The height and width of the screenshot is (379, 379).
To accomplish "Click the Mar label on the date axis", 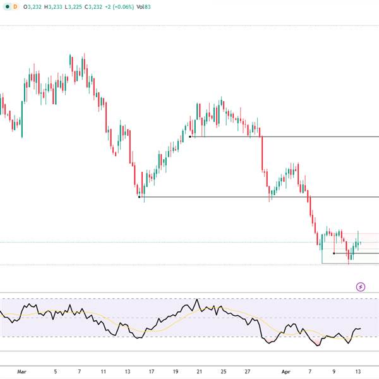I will [23, 371].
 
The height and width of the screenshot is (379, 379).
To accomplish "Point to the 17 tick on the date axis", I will [152, 371].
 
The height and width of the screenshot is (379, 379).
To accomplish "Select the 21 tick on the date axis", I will [199, 371].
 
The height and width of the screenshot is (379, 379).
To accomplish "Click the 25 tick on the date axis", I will [223, 371].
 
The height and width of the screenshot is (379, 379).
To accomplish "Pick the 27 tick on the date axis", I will [248, 371].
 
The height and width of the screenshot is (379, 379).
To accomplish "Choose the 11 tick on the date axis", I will [104, 371].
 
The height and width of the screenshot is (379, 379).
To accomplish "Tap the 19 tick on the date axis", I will [175, 371].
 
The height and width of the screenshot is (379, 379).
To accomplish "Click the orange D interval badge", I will [15, 7].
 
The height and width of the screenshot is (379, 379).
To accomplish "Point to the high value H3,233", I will [61, 7].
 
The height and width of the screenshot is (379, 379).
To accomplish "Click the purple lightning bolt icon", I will [361, 286].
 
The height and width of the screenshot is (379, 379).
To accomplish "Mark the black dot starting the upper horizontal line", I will [190, 136].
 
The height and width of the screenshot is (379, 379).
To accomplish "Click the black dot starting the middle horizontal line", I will [139, 197].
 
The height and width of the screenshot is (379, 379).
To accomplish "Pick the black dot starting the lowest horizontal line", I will [334, 253].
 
